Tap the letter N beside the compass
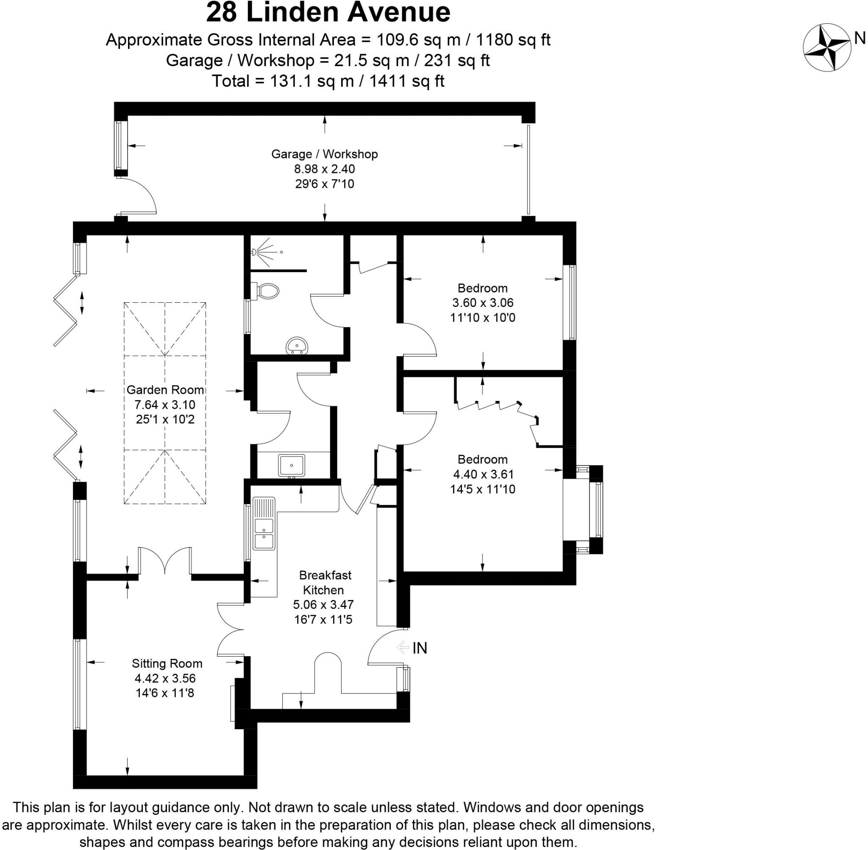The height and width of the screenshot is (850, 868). pyautogui.click(x=860, y=39)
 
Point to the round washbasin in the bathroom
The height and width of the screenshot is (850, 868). pyautogui.click(x=297, y=345)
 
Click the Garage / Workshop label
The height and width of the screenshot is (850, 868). pyautogui.click(x=324, y=154)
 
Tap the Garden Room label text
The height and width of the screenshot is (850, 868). pyautogui.click(x=165, y=390)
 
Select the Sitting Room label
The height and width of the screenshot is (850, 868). pyautogui.click(x=167, y=663)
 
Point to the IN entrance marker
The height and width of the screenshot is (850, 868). pyautogui.click(x=420, y=648)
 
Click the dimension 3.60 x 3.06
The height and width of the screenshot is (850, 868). pyautogui.click(x=483, y=303)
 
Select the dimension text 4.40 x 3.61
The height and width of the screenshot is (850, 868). pyautogui.click(x=483, y=474)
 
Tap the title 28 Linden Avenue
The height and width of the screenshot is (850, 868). pyautogui.click(x=328, y=12)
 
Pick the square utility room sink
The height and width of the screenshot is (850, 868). pyautogui.click(x=292, y=465)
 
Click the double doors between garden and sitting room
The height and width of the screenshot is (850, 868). pyautogui.click(x=165, y=561)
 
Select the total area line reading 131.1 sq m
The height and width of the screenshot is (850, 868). pyautogui.click(x=328, y=81)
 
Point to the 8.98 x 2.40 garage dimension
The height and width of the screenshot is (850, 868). pyautogui.click(x=324, y=169)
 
